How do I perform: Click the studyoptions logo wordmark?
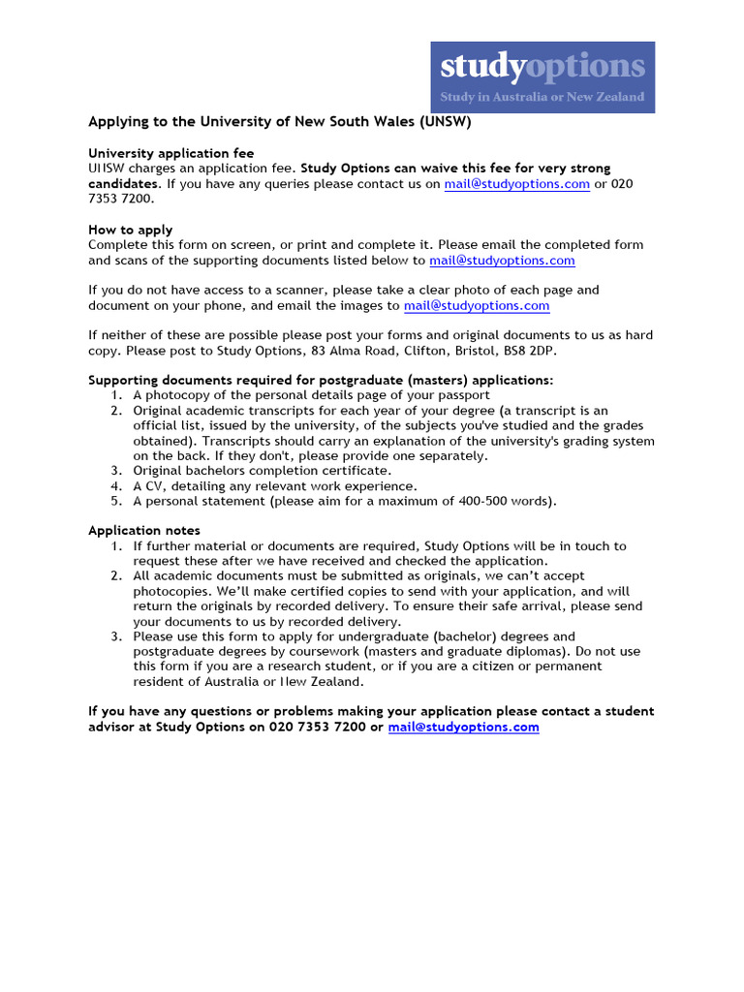pos(542,66)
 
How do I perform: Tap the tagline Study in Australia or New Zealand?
pos(542,97)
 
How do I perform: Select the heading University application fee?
pos(171,153)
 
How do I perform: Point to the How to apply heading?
pos(131,230)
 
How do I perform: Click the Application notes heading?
pos(144,530)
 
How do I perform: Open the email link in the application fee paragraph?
pos(516,184)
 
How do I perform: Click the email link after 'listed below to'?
pos(502,261)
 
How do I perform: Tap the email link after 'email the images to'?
pos(477,305)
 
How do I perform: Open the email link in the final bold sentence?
pos(463,727)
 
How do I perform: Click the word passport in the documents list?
pos(464,395)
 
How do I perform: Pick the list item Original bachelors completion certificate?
pos(263,471)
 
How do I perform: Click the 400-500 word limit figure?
pos(484,501)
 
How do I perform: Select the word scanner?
pos(275,290)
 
